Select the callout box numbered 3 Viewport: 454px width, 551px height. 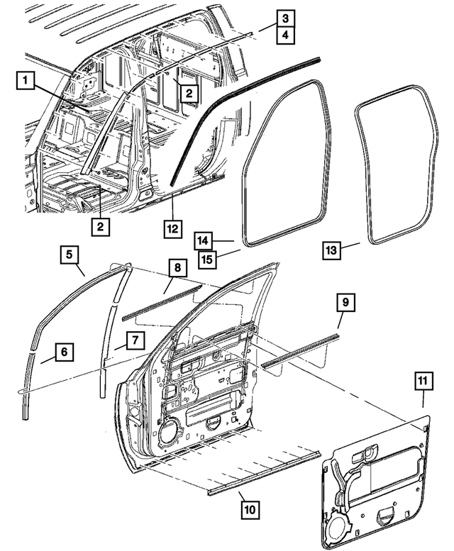click(284, 18)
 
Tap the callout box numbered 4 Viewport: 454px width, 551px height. click(284, 33)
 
